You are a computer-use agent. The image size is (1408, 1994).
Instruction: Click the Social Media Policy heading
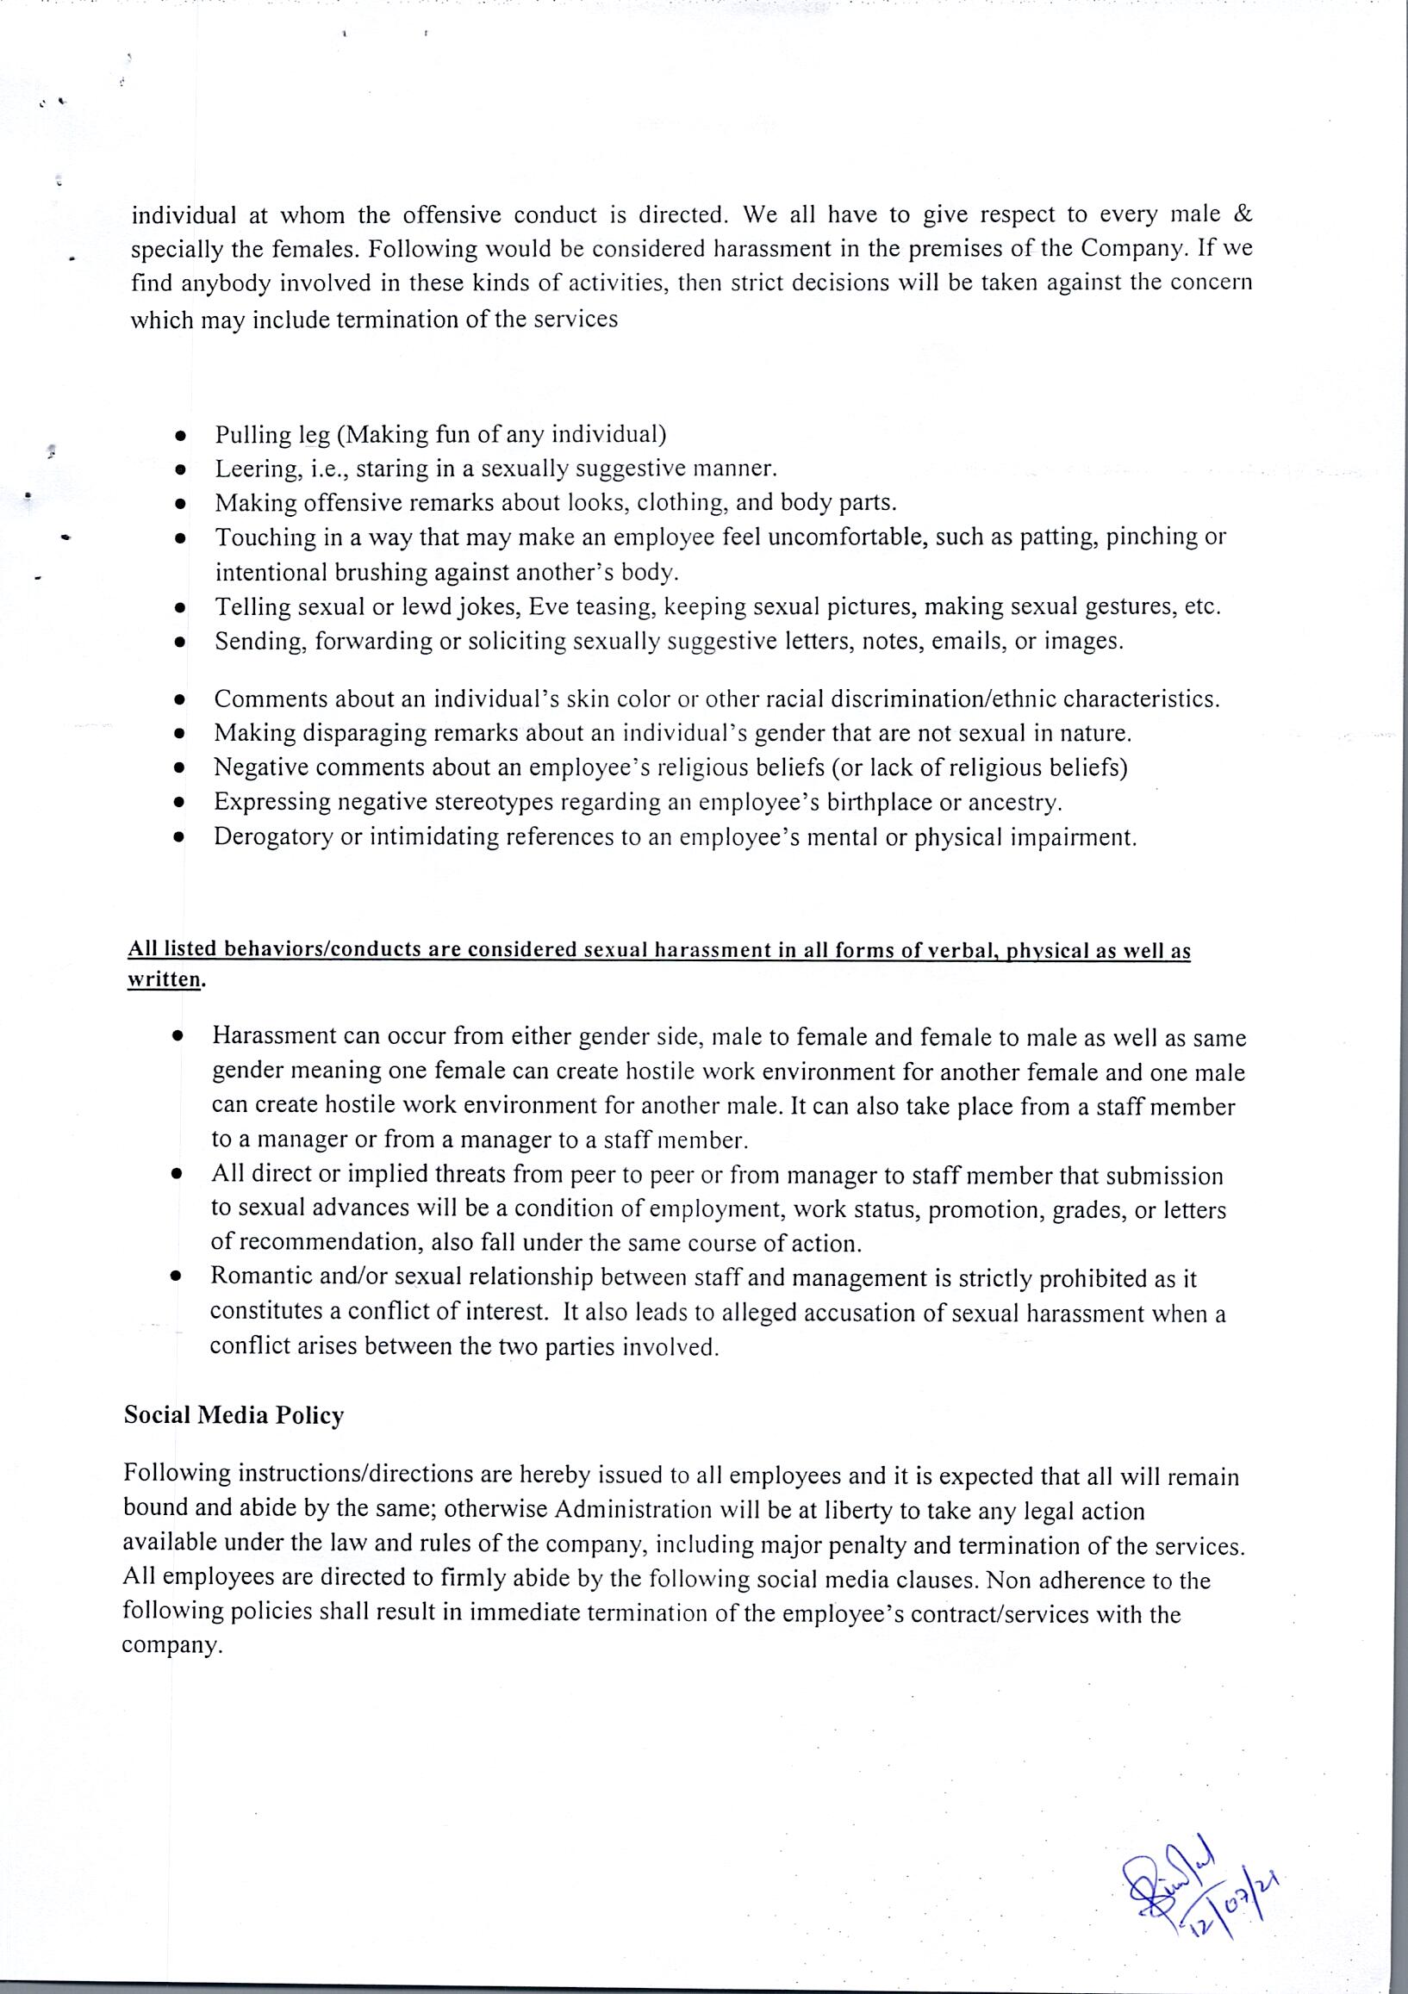[x=234, y=1414]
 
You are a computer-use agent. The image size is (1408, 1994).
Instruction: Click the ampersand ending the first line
[x=1243, y=214]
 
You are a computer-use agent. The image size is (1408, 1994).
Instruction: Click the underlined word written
[x=165, y=979]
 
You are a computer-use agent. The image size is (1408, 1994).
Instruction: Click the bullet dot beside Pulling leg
[x=180, y=435]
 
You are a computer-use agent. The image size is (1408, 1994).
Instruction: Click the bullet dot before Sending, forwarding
[x=180, y=643]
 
